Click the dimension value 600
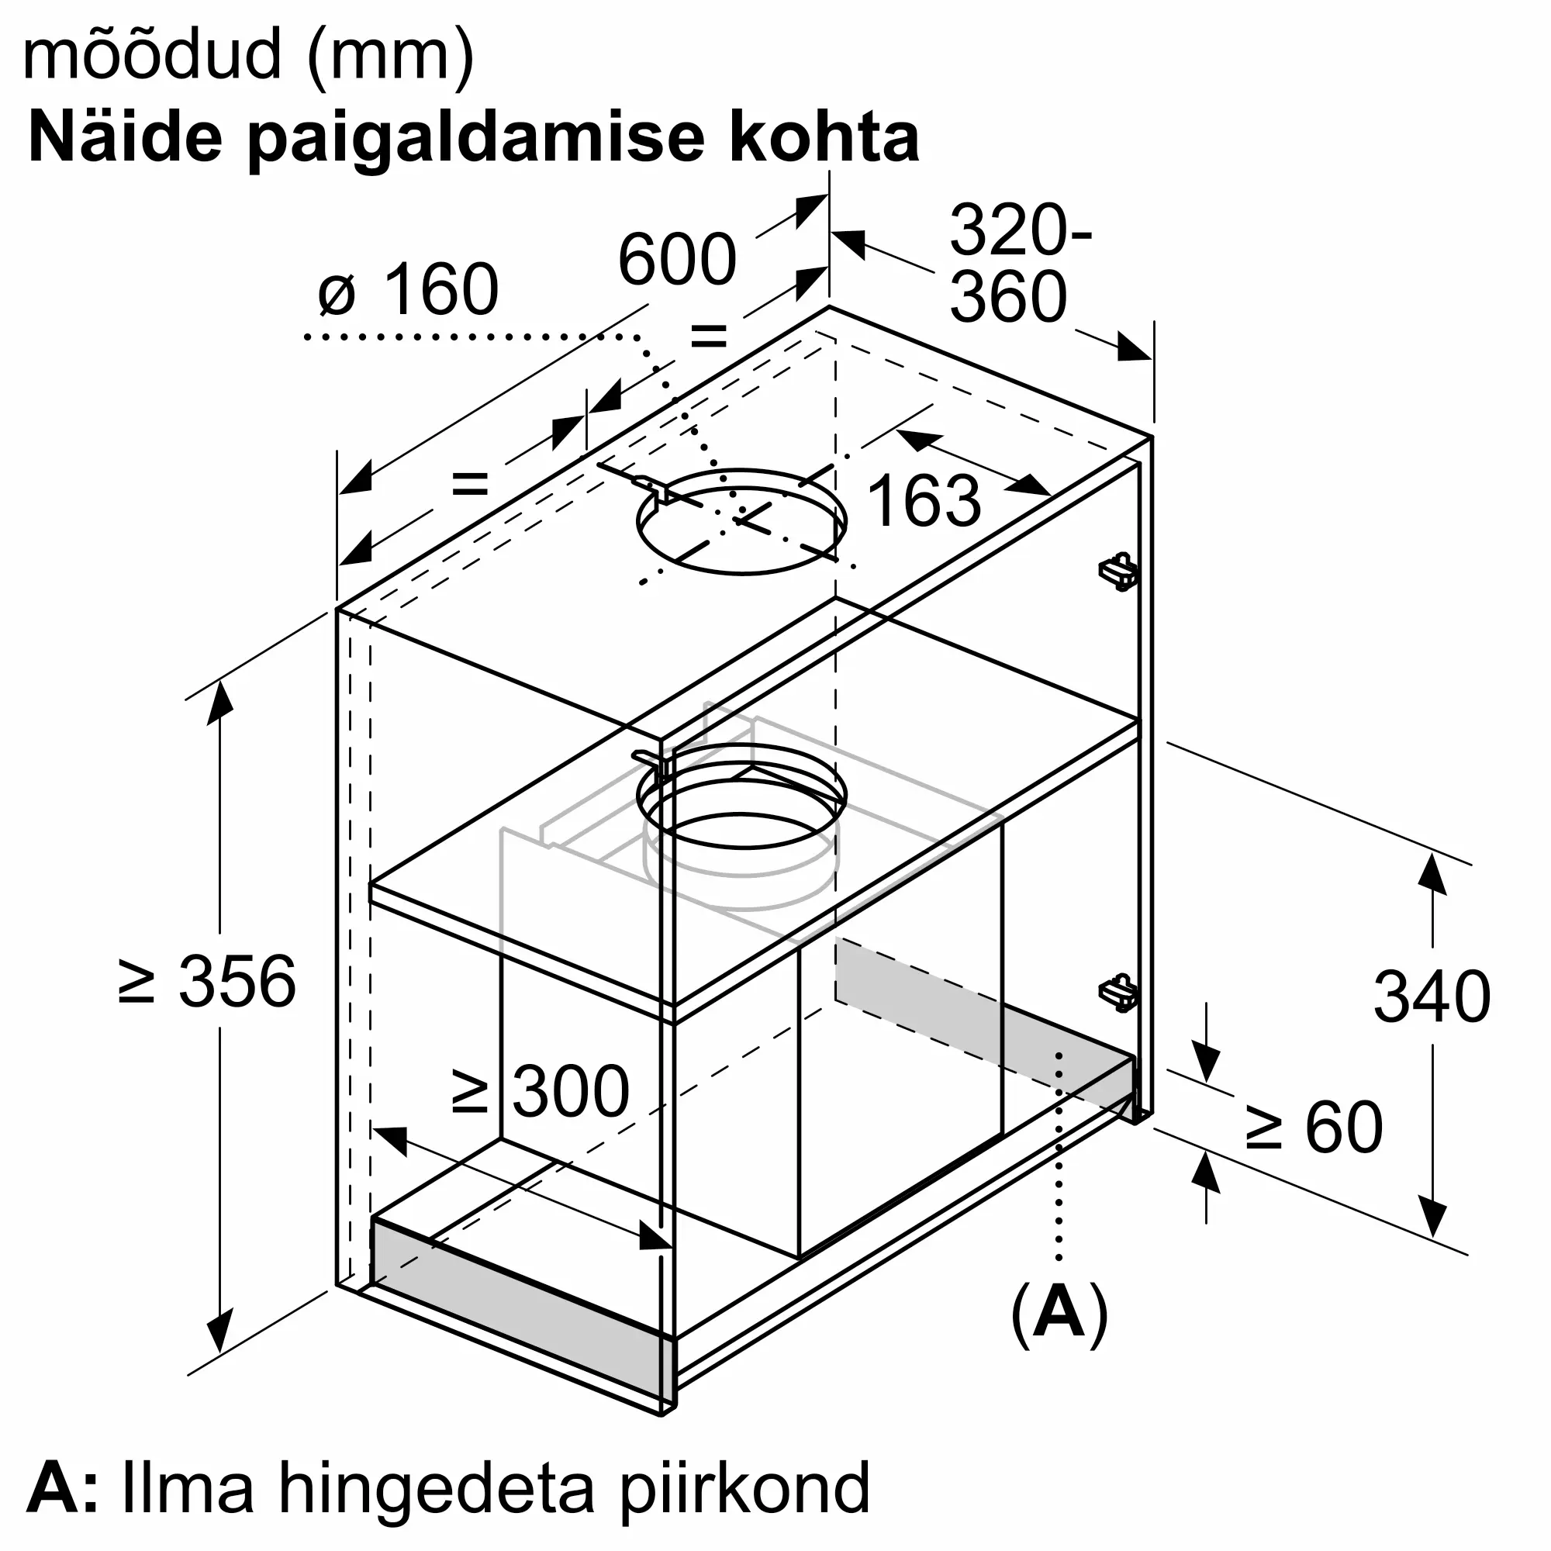click(x=677, y=259)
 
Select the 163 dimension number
click(x=924, y=500)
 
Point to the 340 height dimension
click(x=1432, y=997)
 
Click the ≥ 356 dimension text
click(x=207, y=981)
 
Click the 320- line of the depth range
click(x=1021, y=230)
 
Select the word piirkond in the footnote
click(x=746, y=1489)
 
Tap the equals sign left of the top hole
click(x=470, y=484)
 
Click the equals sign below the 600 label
click(x=709, y=337)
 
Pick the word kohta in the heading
click(x=825, y=138)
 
